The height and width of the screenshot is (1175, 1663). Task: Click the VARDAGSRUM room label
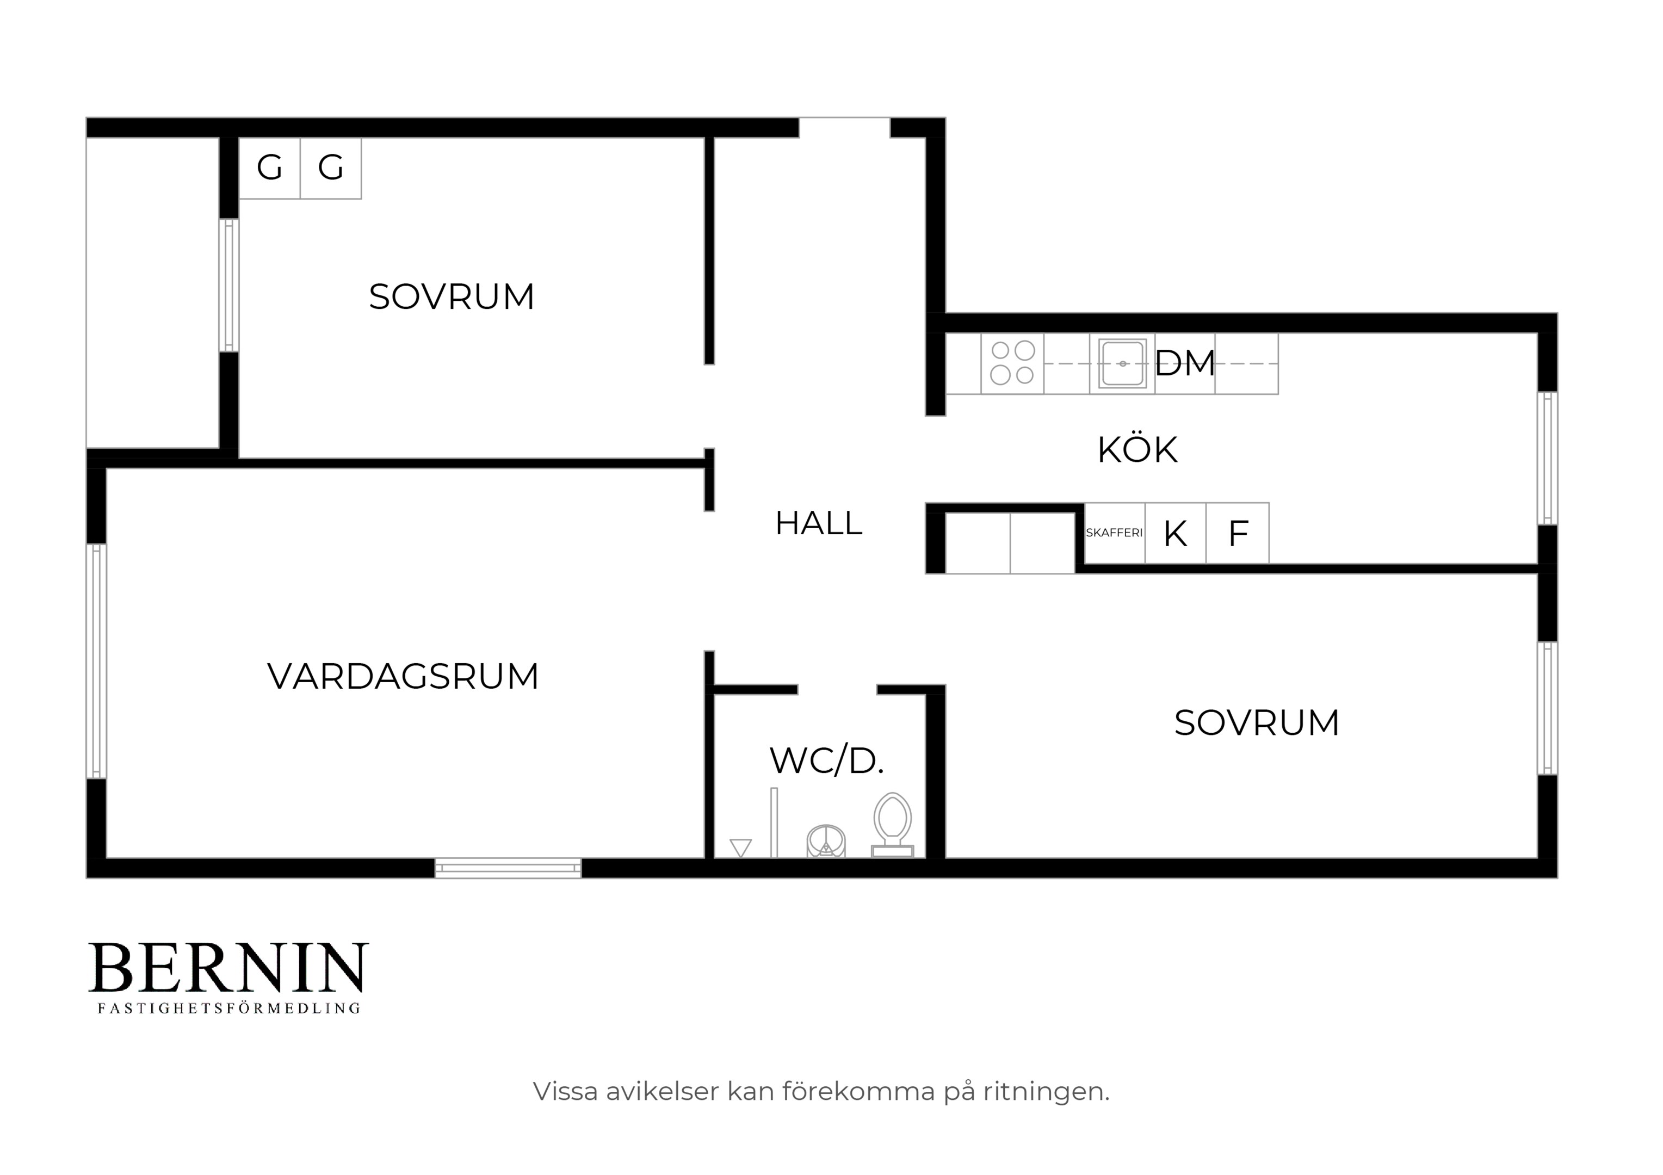404,677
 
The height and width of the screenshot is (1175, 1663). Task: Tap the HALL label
819,523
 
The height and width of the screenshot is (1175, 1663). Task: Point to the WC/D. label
826,760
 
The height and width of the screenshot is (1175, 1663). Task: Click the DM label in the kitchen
1184,363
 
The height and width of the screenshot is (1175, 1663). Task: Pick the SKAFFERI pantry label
1114,533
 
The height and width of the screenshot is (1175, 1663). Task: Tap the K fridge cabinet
1176,533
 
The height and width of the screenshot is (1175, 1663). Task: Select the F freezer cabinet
1238,533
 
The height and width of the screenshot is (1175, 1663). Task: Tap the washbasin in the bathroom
826,841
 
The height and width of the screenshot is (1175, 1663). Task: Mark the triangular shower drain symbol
740,848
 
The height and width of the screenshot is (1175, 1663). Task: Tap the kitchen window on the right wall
1547,458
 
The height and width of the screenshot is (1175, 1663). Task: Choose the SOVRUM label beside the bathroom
1257,723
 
